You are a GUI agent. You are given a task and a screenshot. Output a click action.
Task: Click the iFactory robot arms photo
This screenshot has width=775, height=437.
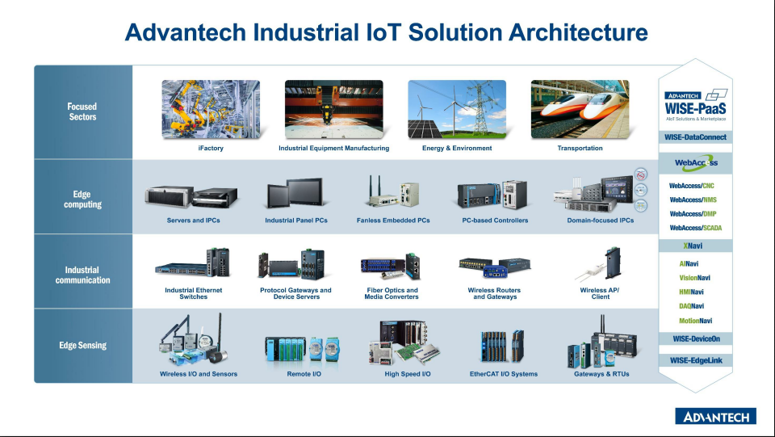click(211, 110)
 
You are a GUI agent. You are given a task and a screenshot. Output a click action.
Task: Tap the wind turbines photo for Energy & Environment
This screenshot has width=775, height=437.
click(457, 110)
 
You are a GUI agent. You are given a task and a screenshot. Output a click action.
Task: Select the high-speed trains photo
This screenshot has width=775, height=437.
click(580, 110)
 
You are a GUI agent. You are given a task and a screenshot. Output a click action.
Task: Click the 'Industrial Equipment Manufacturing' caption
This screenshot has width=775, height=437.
click(333, 149)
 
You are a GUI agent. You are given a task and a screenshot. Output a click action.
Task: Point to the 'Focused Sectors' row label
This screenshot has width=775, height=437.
click(82, 111)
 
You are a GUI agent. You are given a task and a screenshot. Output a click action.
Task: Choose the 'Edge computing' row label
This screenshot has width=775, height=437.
click(82, 200)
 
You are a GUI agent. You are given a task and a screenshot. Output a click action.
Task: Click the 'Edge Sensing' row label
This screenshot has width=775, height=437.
click(82, 346)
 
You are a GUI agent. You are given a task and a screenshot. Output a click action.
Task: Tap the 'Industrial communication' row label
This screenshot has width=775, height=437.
click(82, 275)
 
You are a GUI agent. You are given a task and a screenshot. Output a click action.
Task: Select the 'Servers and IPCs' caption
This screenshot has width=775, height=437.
click(193, 221)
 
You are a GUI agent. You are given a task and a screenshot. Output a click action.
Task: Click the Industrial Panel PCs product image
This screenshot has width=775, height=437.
click(295, 195)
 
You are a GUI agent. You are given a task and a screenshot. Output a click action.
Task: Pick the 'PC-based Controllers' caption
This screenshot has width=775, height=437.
click(495, 221)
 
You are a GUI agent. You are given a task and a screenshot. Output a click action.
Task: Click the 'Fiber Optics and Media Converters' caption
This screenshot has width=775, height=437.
click(392, 293)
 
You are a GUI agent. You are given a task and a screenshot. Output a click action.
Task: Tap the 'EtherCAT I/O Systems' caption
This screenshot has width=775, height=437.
click(504, 374)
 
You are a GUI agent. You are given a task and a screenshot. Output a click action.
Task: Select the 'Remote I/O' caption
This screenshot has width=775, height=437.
click(304, 374)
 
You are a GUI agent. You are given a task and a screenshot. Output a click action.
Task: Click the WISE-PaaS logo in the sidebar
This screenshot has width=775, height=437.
click(695, 106)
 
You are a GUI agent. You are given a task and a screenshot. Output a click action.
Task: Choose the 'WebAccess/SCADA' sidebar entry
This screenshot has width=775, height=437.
click(695, 228)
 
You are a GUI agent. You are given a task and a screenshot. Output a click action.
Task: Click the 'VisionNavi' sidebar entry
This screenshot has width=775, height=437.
click(695, 278)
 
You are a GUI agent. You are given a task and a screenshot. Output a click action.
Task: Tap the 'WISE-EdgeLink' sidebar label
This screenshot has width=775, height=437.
click(695, 359)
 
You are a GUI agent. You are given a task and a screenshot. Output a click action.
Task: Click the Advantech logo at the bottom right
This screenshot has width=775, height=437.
click(715, 417)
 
